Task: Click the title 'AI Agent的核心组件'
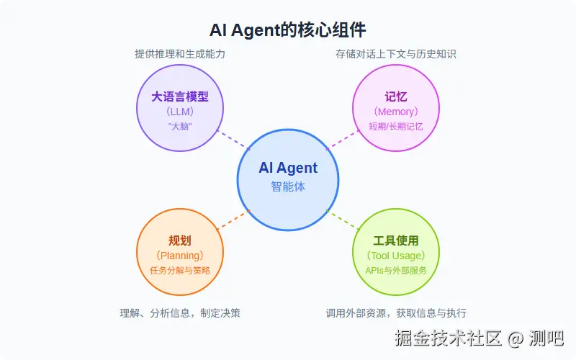[x=288, y=30]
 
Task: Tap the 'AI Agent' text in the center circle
[x=288, y=168]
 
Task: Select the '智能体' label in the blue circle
[x=288, y=186]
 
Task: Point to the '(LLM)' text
[x=180, y=112]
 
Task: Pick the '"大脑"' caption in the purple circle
[x=180, y=127]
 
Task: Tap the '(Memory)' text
[x=395, y=112]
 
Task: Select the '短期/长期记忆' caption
[x=395, y=127]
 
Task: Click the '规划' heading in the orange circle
[x=180, y=240]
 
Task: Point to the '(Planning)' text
[x=180, y=256]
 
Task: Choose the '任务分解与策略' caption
[x=180, y=271]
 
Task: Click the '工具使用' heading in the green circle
[x=395, y=240]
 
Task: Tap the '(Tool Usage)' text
[x=395, y=256]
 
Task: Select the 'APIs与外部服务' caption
[x=395, y=271]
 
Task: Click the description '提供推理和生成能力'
[x=180, y=54]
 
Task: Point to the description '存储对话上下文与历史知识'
[x=395, y=54]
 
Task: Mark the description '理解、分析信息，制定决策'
[x=180, y=313]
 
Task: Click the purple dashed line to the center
[x=233, y=140]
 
